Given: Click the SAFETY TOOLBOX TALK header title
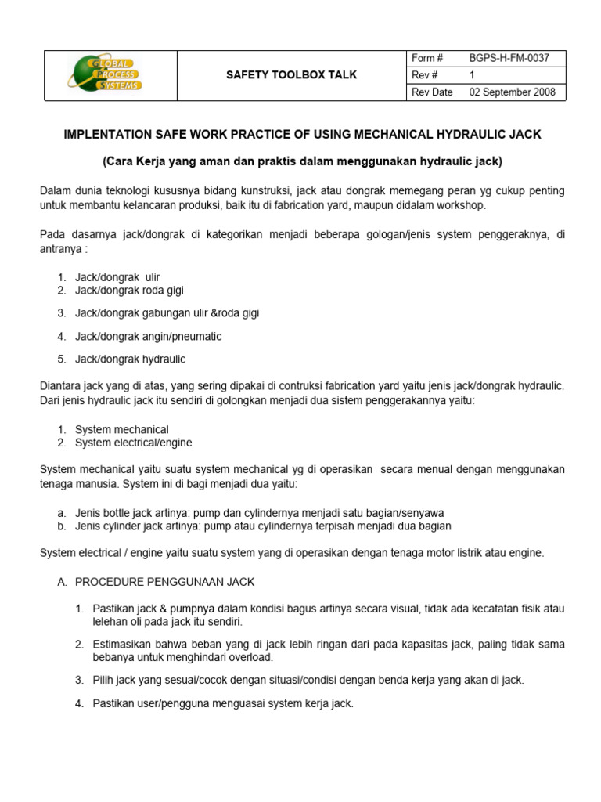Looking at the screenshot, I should [291, 75].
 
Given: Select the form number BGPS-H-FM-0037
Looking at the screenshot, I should [509, 58].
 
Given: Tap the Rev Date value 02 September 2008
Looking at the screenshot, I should [512, 92].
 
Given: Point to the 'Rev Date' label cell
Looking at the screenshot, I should [432, 92].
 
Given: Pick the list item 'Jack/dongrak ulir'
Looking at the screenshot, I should [117, 277].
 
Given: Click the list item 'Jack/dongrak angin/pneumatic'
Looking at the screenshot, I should [149, 336].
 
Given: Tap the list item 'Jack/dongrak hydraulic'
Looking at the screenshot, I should [131, 359].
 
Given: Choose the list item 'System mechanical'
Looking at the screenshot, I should [122, 430].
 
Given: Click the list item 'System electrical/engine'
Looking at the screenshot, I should [134, 443].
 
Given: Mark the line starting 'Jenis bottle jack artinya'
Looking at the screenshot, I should [260, 513].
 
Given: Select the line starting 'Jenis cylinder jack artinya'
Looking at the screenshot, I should [263, 526].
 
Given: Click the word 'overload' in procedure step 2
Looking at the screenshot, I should [252, 657].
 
